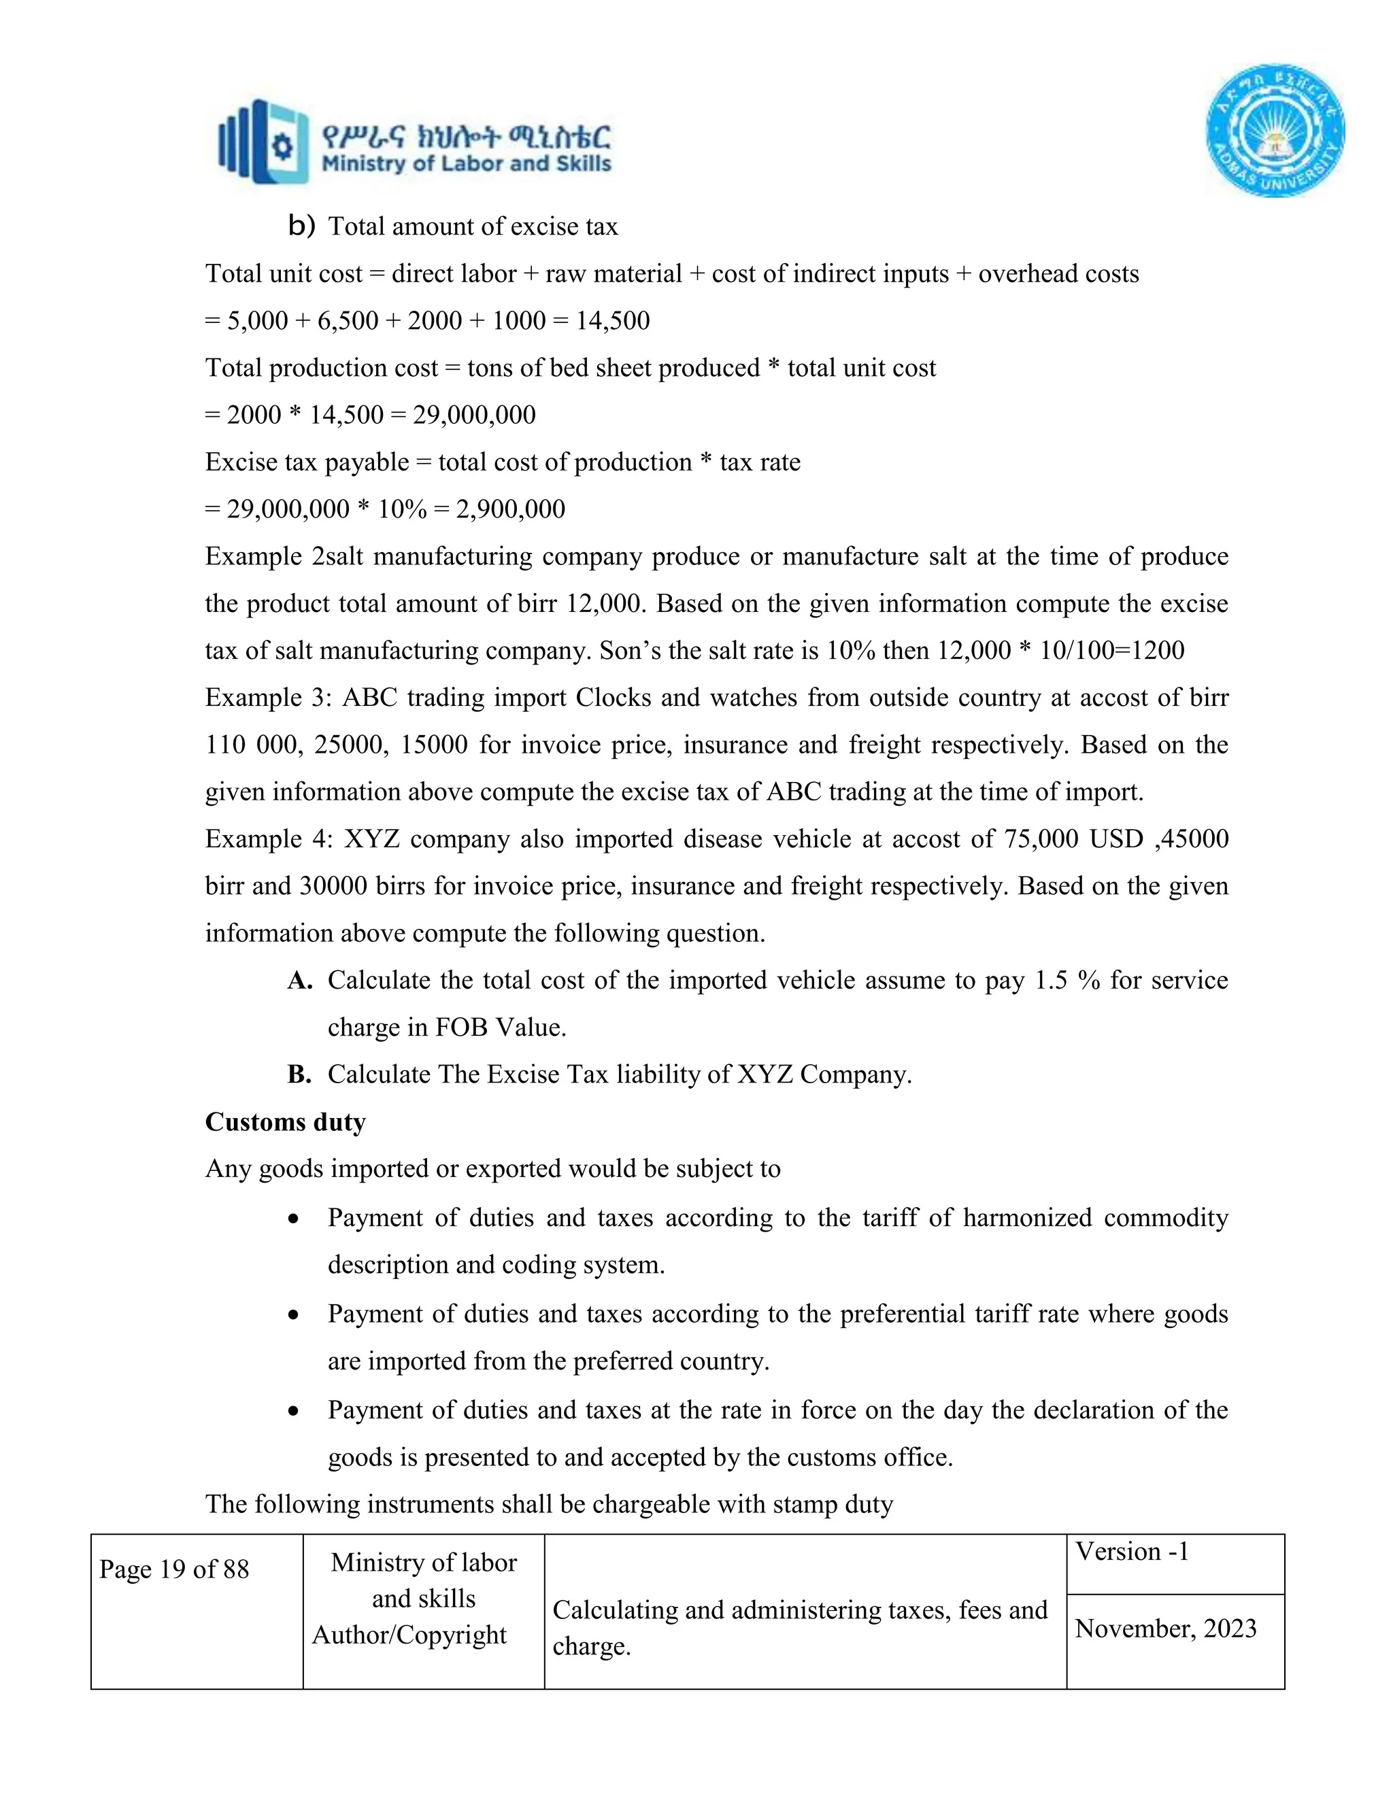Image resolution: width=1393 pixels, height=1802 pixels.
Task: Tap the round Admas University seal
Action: tap(1275, 131)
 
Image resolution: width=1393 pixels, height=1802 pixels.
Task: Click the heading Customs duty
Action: tap(285, 1122)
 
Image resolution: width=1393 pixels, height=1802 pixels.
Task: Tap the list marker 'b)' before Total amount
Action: tap(301, 226)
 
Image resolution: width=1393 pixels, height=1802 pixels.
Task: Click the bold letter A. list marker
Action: tap(299, 980)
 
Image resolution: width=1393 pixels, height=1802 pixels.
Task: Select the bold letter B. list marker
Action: tap(299, 1074)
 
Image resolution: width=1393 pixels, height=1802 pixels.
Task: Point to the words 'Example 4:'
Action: tap(268, 839)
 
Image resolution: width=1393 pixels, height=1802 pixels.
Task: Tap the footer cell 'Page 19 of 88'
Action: tap(174, 1569)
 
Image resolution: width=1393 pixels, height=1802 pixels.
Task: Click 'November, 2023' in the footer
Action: tap(1165, 1629)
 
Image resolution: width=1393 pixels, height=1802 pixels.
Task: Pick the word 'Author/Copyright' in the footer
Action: tap(409, 1635)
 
